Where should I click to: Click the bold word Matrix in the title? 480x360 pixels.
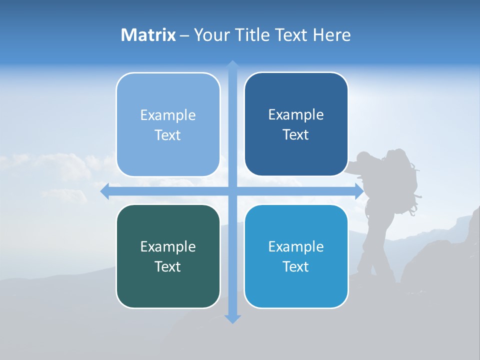point(148,35)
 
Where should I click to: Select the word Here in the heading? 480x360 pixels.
point(331,35)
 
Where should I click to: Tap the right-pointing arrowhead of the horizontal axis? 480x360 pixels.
point(358,191)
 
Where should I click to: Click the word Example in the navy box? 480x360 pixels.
point(296,115)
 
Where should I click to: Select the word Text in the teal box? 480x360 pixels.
point(168,266)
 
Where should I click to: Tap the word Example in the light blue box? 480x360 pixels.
point(168,115)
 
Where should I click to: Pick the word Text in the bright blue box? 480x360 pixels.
point(296,266)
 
